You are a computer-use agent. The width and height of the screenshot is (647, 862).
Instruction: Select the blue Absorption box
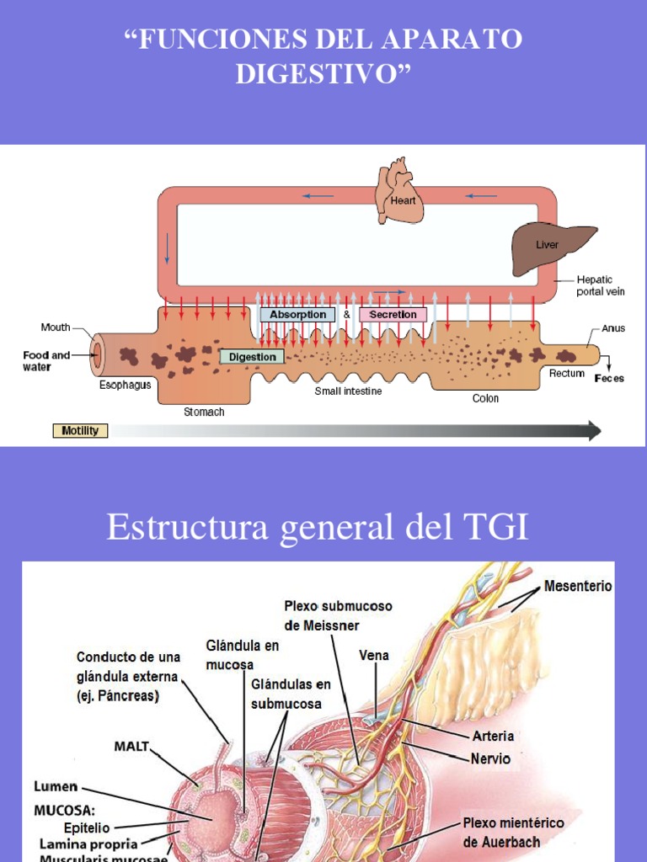tap(297, 315)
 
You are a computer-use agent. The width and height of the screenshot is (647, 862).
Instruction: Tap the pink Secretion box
tap(393, 315)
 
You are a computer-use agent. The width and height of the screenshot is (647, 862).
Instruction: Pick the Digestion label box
tap(252, 357)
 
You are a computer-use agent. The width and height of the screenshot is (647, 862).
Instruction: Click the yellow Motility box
tap(81, 431)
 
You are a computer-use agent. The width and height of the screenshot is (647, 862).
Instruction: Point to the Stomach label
tap(204, 412)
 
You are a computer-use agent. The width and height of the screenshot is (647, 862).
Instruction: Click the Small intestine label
tap(348, 391)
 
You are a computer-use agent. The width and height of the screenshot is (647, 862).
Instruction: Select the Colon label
tap(485, 399)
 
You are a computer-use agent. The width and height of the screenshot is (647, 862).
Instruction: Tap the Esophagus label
tap(125, 386)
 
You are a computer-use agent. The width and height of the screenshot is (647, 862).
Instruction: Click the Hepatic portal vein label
tap(600, 285)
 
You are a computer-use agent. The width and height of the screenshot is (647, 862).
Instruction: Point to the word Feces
tap(609, 379)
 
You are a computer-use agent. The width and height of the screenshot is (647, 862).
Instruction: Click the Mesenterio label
tap(578, 586)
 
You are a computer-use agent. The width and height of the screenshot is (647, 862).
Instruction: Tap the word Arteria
tap(493, 737)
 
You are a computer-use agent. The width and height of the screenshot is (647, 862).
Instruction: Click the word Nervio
tap(490, 758)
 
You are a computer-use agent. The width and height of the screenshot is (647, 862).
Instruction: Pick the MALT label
tap(131, 746)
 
